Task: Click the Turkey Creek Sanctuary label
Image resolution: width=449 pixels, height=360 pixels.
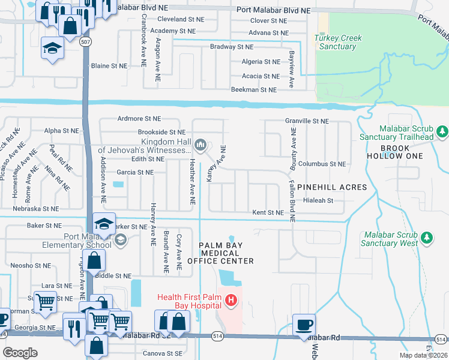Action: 338,42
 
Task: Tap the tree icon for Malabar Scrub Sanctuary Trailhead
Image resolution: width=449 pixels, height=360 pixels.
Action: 442,130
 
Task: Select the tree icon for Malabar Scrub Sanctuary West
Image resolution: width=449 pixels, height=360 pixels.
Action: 427,238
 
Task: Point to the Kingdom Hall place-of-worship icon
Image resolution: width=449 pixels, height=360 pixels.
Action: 200,144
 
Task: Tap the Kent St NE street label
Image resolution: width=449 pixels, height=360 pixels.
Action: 267,212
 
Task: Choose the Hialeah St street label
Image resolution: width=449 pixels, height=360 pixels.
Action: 318,200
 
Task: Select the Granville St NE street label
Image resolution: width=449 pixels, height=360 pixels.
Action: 306,121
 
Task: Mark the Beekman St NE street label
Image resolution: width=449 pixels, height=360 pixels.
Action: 254,89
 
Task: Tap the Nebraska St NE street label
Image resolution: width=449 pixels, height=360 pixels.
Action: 35,209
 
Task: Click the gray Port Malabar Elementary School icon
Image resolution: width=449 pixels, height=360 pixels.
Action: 120,241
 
